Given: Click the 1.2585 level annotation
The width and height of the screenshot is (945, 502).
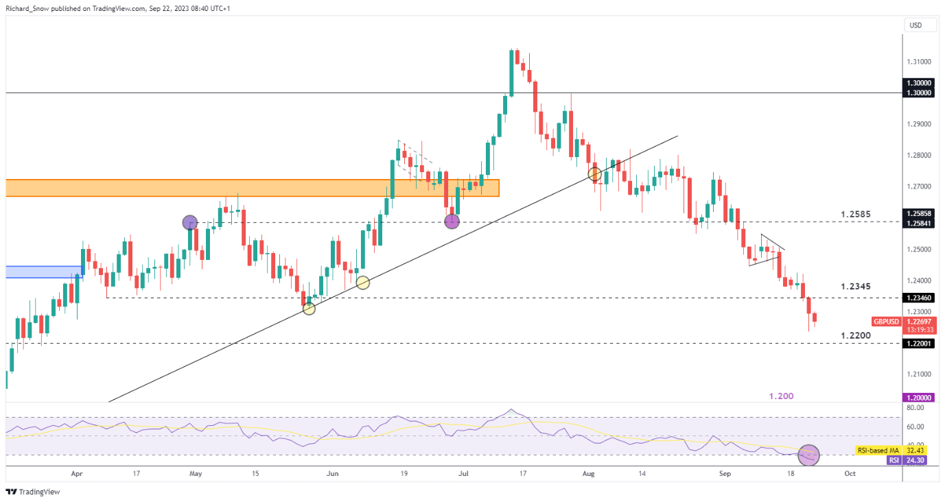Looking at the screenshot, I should (856, 214).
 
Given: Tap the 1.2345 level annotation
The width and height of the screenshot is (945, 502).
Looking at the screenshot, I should (856, 285).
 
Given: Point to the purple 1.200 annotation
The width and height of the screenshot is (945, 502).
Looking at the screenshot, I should (781, 396).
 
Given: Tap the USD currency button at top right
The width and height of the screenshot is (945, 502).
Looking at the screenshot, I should (915, 25).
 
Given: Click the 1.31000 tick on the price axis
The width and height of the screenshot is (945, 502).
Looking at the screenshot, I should (918, 62).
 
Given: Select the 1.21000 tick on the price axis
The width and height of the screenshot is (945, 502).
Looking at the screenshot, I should (918, 374).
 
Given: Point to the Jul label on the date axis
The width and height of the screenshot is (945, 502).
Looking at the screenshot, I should (464, 473).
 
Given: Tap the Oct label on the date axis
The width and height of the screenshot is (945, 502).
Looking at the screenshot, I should (850, 473).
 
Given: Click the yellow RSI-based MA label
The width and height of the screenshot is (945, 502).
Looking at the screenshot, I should (876, 450).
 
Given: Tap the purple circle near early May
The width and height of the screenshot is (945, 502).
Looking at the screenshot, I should (190, 222).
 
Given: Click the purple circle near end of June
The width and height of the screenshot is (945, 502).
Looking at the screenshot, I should (451, 221).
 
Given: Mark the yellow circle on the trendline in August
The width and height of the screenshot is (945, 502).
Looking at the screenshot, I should (594, 174).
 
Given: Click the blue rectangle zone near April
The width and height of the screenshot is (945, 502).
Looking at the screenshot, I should (43, 272).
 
